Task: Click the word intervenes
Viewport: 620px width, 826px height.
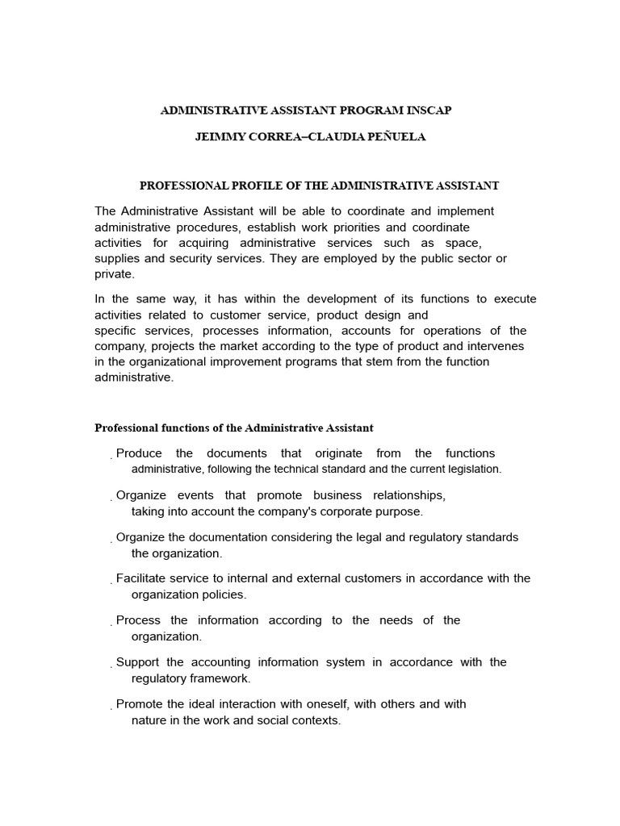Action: coord(496,346)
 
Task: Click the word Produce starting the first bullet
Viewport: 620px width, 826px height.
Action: coord(139,453)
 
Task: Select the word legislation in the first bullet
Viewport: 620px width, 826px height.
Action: coord(470,469)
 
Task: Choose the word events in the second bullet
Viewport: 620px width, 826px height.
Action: coord(195,495)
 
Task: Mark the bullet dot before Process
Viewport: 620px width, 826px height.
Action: coord(111,624)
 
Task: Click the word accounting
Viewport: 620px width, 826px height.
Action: coord(223,662)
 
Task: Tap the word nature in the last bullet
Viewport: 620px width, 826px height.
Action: coord(149,720)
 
